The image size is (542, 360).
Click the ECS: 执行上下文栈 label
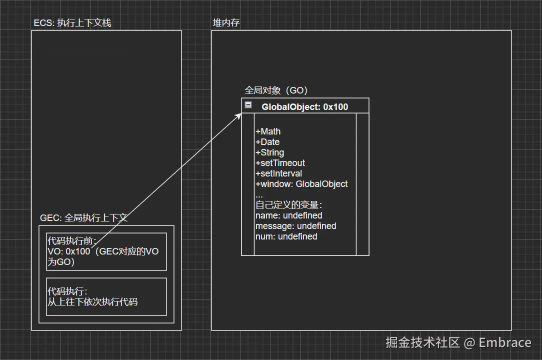coord(72,23)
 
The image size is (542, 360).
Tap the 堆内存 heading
coord(226,23)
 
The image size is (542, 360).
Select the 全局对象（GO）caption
coord(276,90)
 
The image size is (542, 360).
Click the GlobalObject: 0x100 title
coord(304,106)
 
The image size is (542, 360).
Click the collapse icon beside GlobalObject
coord(248,105)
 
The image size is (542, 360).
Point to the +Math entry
coord(268,131)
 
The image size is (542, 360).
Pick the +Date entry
coord(267,142)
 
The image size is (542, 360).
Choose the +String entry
coord(269,152)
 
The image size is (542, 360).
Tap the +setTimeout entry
coord(280,163)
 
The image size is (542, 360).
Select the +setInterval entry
coord(278,173)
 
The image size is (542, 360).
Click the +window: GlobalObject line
coord(301,184)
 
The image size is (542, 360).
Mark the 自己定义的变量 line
coord(288,205)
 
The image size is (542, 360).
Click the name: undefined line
coord(288,215)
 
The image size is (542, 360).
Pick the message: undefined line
coord(295,226)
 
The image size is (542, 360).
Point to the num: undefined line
coord(286,236)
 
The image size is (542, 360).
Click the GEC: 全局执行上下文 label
coord(83,218)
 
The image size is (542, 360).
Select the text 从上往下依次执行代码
coord(92,301)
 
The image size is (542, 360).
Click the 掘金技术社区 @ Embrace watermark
coord(458,342)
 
